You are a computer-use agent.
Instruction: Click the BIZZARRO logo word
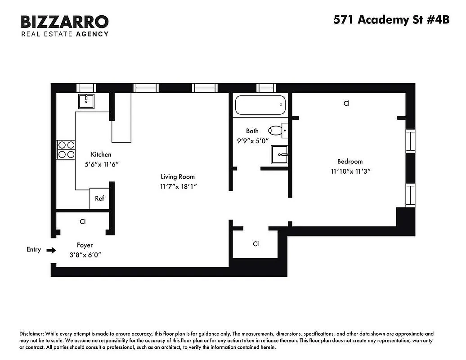(x=65, y=21)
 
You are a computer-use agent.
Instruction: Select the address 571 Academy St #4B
(x=391, y=20)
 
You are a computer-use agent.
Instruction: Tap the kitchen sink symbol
(x=86, y=101)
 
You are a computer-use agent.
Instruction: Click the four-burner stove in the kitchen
(x=66, y=149)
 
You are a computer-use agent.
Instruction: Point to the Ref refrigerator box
(x=99, y=198)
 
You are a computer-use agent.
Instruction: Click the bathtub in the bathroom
(x=260, y=105)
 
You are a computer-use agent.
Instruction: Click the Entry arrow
(x=52, y=250)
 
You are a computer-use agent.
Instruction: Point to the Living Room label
(x=178, y=177)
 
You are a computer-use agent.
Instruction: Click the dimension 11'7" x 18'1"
(x=178, y=186)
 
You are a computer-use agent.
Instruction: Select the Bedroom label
(x=350, y=162)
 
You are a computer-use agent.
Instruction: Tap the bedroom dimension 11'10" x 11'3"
(x=350, y=171)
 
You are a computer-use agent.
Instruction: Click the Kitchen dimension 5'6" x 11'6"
(x=101, y=164)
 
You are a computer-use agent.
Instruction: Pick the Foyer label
(x=85, y=245)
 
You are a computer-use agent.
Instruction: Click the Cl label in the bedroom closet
(x=346, y=103)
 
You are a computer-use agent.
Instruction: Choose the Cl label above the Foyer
(x=83, y=222)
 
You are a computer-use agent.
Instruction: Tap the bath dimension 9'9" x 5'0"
(x=252, y=140)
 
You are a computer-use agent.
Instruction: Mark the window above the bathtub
(x=265, y=88)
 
